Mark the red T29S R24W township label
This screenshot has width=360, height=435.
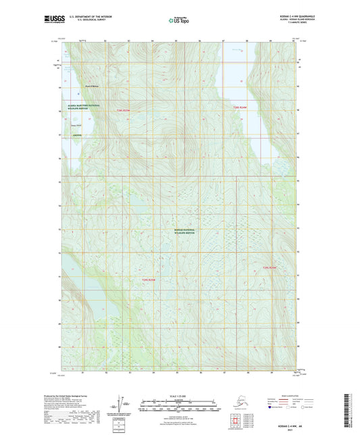click(x=270, y=268)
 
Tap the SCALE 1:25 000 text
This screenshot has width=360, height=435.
click(x=180, y=395)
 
